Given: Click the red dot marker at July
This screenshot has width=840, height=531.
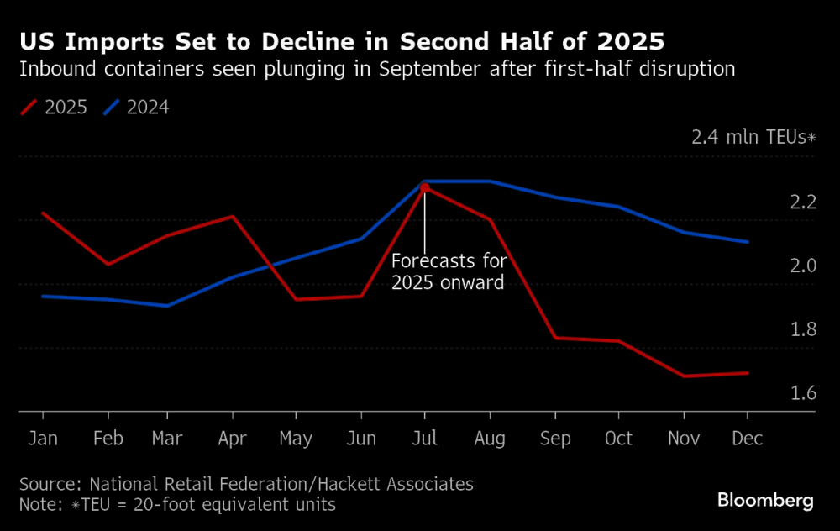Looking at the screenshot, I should [425, 187].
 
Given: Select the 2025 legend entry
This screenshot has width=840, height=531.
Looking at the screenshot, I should [54, 108].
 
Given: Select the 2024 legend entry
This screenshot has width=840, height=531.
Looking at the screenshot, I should [136, 108].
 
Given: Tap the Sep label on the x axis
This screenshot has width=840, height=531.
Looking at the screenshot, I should [555, 439].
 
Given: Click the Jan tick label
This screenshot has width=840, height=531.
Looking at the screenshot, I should [42, 439].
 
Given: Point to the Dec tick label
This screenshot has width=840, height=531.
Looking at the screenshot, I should [747, 439].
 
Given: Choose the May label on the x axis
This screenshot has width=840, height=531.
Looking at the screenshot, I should [296, 439].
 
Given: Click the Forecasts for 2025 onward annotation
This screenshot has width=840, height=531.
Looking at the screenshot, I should [449, 271].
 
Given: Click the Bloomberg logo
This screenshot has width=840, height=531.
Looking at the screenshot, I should [765, 501].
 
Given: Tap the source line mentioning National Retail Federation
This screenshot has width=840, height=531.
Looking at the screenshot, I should [246, 484].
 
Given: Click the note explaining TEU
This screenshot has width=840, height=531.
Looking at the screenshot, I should [177, 504].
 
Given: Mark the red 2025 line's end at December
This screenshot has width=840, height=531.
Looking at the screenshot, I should [748, 373].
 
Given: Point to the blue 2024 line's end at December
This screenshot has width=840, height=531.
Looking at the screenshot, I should [748, 242].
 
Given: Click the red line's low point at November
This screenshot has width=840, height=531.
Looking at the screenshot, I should [683, 376].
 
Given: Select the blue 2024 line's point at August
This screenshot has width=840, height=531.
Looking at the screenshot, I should [490, 181].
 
